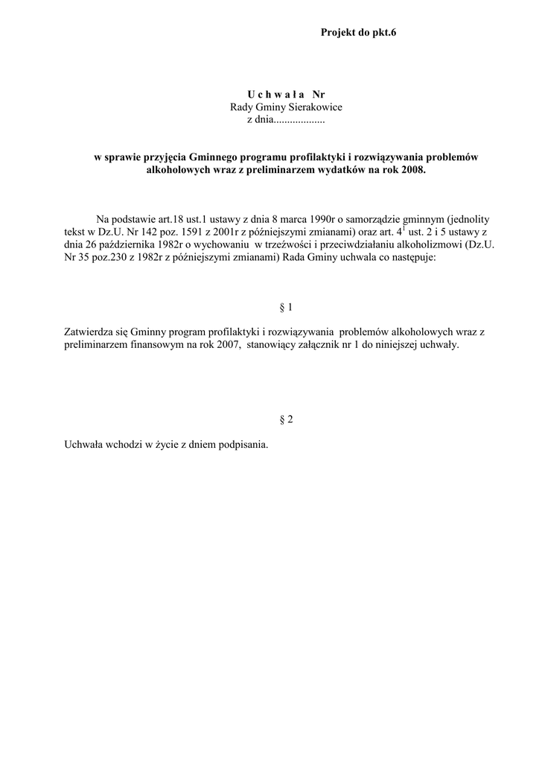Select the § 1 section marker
(285, 308)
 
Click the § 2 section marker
(285, 420)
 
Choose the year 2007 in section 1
(214, 346)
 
